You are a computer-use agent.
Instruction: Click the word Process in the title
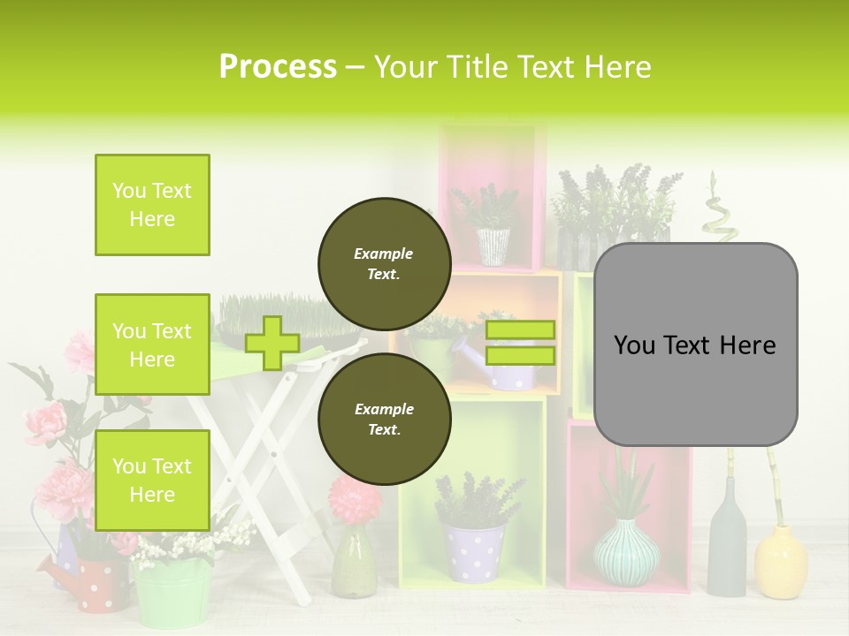click(x=278, y=67)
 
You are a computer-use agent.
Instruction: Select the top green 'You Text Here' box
click(x=152, y=205)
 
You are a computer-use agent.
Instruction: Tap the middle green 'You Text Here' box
click(x=152, y=344)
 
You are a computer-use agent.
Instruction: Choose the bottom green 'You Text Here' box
click(x=152, y=480)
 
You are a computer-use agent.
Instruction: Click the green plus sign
click(x=272, y=343)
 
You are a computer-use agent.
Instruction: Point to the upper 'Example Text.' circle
click(x=384, y=263)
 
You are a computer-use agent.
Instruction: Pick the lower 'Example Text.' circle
click(x=384, y=419)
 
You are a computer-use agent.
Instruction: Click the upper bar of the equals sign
click(x=520, y=329)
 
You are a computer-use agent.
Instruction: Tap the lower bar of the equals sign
click(x=520, y=355)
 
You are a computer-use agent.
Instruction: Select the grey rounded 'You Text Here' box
click(x=695, y=344)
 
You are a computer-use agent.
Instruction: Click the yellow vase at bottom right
click(x=781, y=562)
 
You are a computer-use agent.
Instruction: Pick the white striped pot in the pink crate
click(x=493, y=246)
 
